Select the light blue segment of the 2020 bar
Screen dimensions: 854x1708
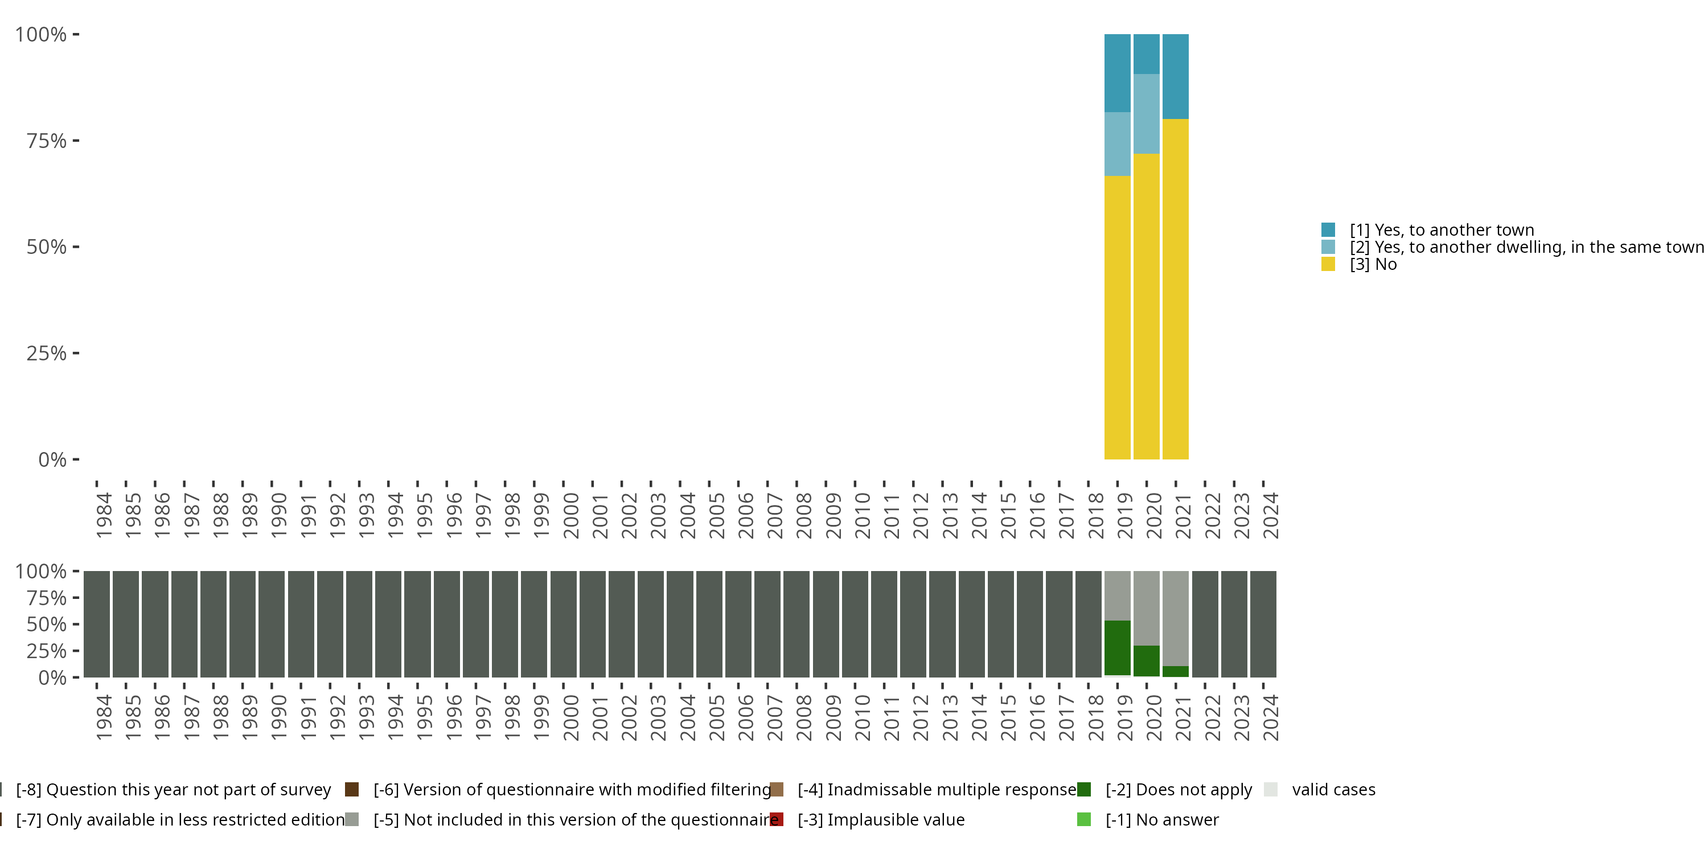pos(1147,113)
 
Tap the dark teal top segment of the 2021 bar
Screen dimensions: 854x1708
pos(1176,76)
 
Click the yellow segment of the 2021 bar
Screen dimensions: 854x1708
pos(1176,289)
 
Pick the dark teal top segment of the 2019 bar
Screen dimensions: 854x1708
pos(1117,73)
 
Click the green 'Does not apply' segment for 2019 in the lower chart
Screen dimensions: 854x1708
pos(1117,648)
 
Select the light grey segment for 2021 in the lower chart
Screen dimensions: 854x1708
pos(1176,618)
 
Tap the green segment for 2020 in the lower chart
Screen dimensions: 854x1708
pos(1147,660)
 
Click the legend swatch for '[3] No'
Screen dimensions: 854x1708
pos(1328,264)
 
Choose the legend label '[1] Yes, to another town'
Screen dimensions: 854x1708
pos(1442,230)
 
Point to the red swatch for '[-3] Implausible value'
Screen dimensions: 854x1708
pos(777,819)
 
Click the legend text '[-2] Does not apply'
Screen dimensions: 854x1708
pos(1178,790)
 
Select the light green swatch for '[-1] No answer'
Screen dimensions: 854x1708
pos(1084,819)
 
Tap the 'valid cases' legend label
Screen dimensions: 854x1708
pos(1333,790)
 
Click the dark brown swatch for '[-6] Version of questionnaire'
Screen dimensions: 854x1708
pos(352,790)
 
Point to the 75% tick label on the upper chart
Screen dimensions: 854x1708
pos(47,141)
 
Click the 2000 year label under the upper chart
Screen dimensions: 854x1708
pos(571,515)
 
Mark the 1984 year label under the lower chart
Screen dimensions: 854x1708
pos(104,717)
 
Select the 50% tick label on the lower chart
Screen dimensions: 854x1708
pos(47,625)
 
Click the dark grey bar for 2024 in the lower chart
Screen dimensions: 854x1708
pos(1263,624)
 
